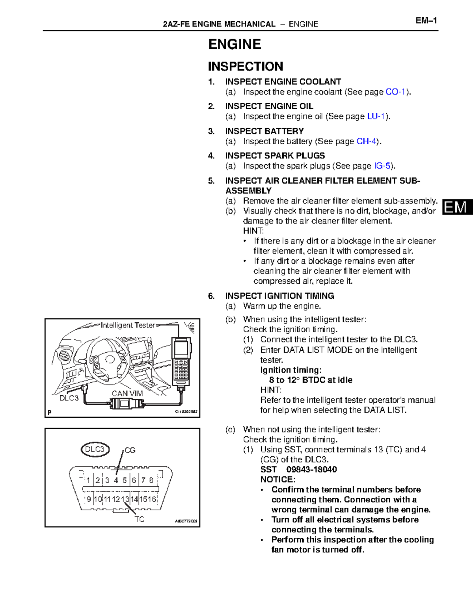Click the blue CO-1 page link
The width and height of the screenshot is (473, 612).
point(395,92)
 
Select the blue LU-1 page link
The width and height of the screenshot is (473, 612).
point(376,116)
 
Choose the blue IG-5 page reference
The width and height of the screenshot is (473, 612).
point(382,166)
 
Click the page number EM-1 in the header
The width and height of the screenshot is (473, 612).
point(426,21)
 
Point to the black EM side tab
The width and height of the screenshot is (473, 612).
point(456,207)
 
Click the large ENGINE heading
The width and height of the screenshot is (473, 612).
point(235,44)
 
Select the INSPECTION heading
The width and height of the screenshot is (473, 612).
point(245,66)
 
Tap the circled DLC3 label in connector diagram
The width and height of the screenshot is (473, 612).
point(95,449)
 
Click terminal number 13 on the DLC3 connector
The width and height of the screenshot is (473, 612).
point(125,499)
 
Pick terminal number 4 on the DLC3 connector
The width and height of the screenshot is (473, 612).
point(116,480)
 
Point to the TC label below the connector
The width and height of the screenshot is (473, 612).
point(140,519)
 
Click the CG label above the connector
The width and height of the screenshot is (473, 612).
point(130,450)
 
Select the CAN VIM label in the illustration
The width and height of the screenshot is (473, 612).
point(127,393)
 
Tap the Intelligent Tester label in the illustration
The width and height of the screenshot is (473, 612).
point(128,325)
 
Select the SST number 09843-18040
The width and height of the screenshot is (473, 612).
point(311,469)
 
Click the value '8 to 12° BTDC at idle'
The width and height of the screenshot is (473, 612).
point(310,380)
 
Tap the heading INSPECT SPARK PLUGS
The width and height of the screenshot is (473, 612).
point(275,156)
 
